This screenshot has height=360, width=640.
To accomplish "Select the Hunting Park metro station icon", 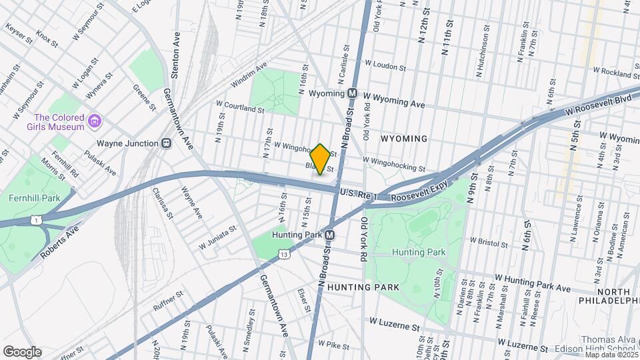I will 329,235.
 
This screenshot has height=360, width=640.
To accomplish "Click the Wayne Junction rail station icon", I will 166,143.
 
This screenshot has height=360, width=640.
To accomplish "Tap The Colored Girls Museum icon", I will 95,122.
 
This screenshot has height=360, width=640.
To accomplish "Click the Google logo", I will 22,352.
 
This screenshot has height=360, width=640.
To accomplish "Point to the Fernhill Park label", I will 34,198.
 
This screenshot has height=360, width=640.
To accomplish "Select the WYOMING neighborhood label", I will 403,138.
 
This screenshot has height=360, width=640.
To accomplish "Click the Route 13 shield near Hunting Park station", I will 285,254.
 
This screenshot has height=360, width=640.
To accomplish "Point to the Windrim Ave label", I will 249,75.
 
